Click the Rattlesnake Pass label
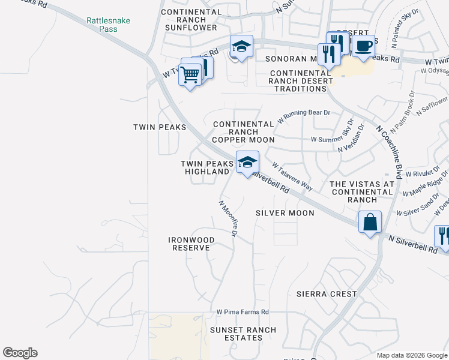pos(108,24)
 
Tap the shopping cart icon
pos(190,76)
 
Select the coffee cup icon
pos(363,46)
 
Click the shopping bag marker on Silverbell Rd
pos(370,222)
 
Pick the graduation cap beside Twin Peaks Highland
pos(247,163)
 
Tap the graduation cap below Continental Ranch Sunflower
pos(241,47)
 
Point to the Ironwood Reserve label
pos(191,244)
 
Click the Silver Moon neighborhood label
pos(285,213)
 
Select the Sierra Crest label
pos(327,294)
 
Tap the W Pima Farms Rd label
pos(243,313)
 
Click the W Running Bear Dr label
pos(303,116)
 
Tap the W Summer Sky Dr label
pos(333,139)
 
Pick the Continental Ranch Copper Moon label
pos(244,132)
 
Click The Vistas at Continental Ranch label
pos(362,191)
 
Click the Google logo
pos(20,353)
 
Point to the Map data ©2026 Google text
pos(411,355)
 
